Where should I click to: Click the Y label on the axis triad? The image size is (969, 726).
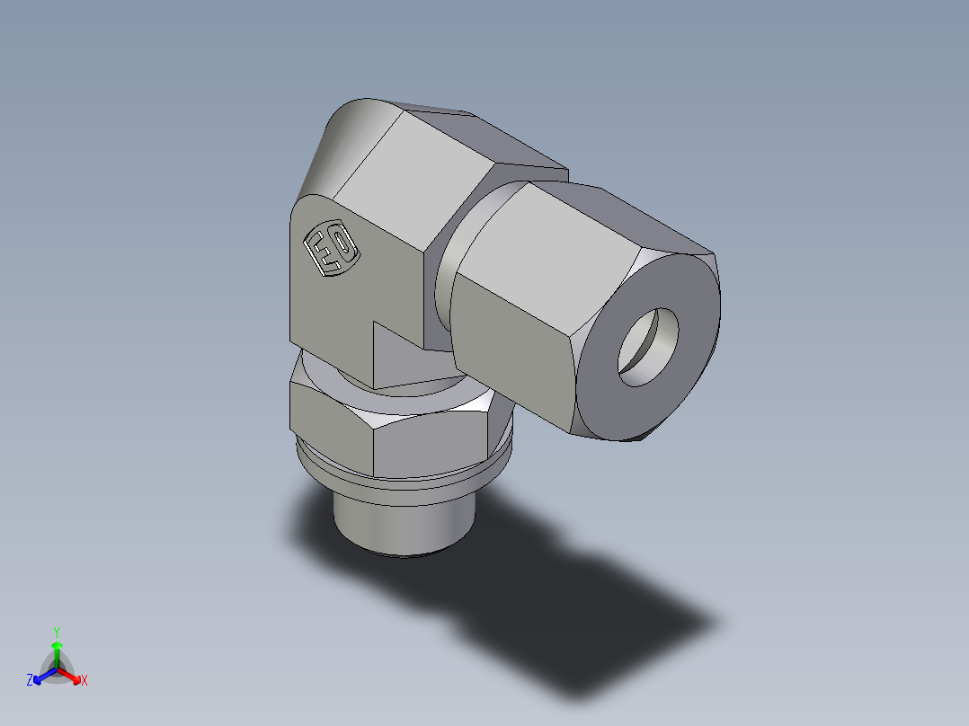(x=56, y=631)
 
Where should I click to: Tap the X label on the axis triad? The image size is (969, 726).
(x=84, y=681)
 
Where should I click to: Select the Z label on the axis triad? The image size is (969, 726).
(x=30, y=681)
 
